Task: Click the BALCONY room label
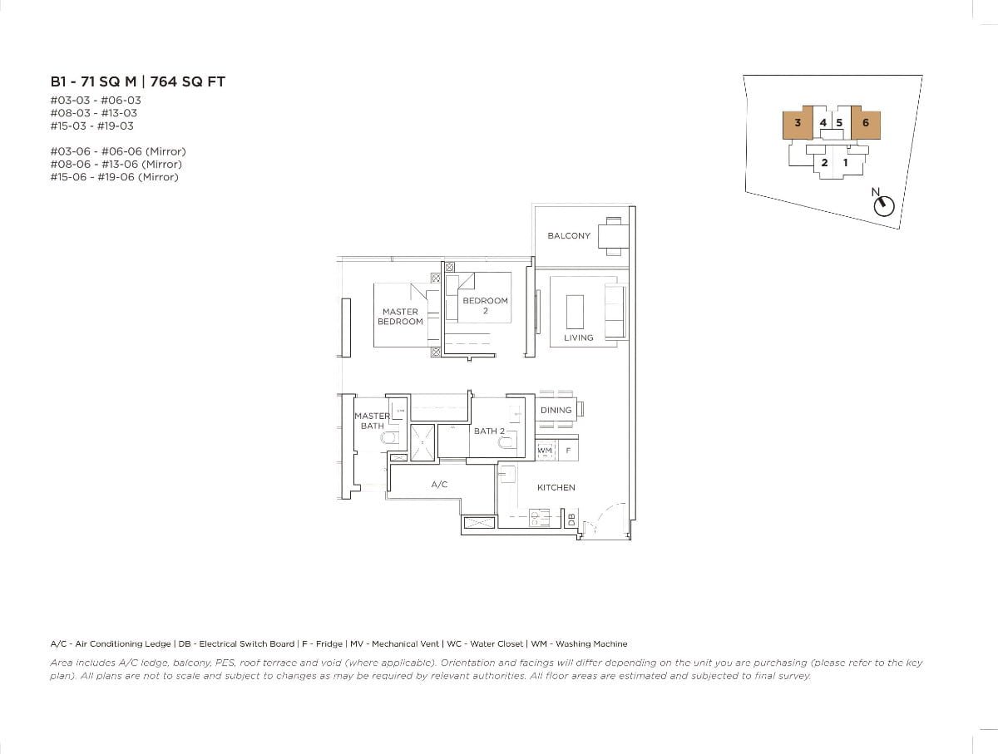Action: click(569, 236)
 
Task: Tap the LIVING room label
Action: click(579, 338)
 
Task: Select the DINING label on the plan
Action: click(556, 410)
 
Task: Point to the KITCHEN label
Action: click(556, 487)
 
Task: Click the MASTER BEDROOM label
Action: click(400, 317)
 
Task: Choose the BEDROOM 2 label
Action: click(485, 306)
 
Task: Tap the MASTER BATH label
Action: click(372, 421)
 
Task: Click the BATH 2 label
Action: click(489, 431)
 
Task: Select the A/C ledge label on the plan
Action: click(440, 484)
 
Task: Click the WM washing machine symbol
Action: click(545, 451)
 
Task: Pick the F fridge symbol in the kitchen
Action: click(568, 451)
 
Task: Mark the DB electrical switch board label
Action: click(571, 519)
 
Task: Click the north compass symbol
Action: click(884, 205)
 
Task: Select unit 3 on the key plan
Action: click(798, 123)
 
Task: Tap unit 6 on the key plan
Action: click(866, 123)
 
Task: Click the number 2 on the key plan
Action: click(824, 163)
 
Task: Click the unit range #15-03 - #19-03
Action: click(91, 126)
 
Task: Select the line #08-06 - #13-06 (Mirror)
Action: click(117, 164)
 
